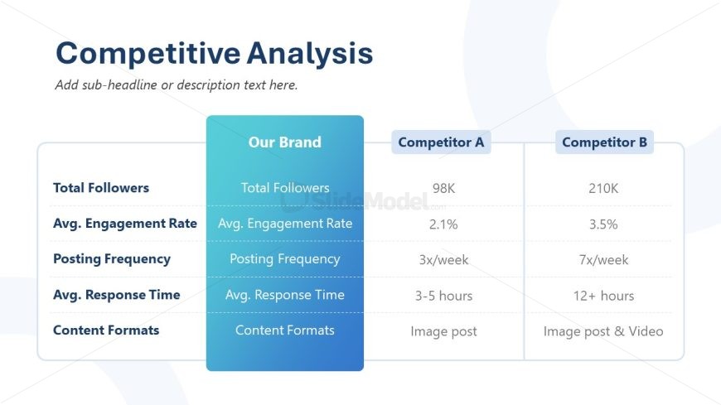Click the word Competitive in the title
tap(148, 54)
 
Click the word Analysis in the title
tap(310, 54)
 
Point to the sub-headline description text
tap(177, 85)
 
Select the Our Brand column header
tap(284, 142)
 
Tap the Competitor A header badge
tap(441, 142)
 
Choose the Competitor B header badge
tap(604, 142)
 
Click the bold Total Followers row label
tap(101, 187)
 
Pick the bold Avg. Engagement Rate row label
tap(125, 224)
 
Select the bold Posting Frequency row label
tap(112, 258)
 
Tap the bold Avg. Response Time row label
tap(117, 295)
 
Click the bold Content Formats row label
tap(106, 330)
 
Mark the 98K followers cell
tap(443, 188)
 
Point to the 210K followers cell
tap(603, 188)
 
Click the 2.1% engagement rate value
tap(443, 224)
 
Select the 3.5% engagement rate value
tap(603, 224)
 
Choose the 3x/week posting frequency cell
tap(443, 260)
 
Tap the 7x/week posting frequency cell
tap(603, 260)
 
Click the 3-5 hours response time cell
tap(443, 296)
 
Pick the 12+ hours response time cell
tap(603, 296)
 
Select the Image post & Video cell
tap(603, 331)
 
